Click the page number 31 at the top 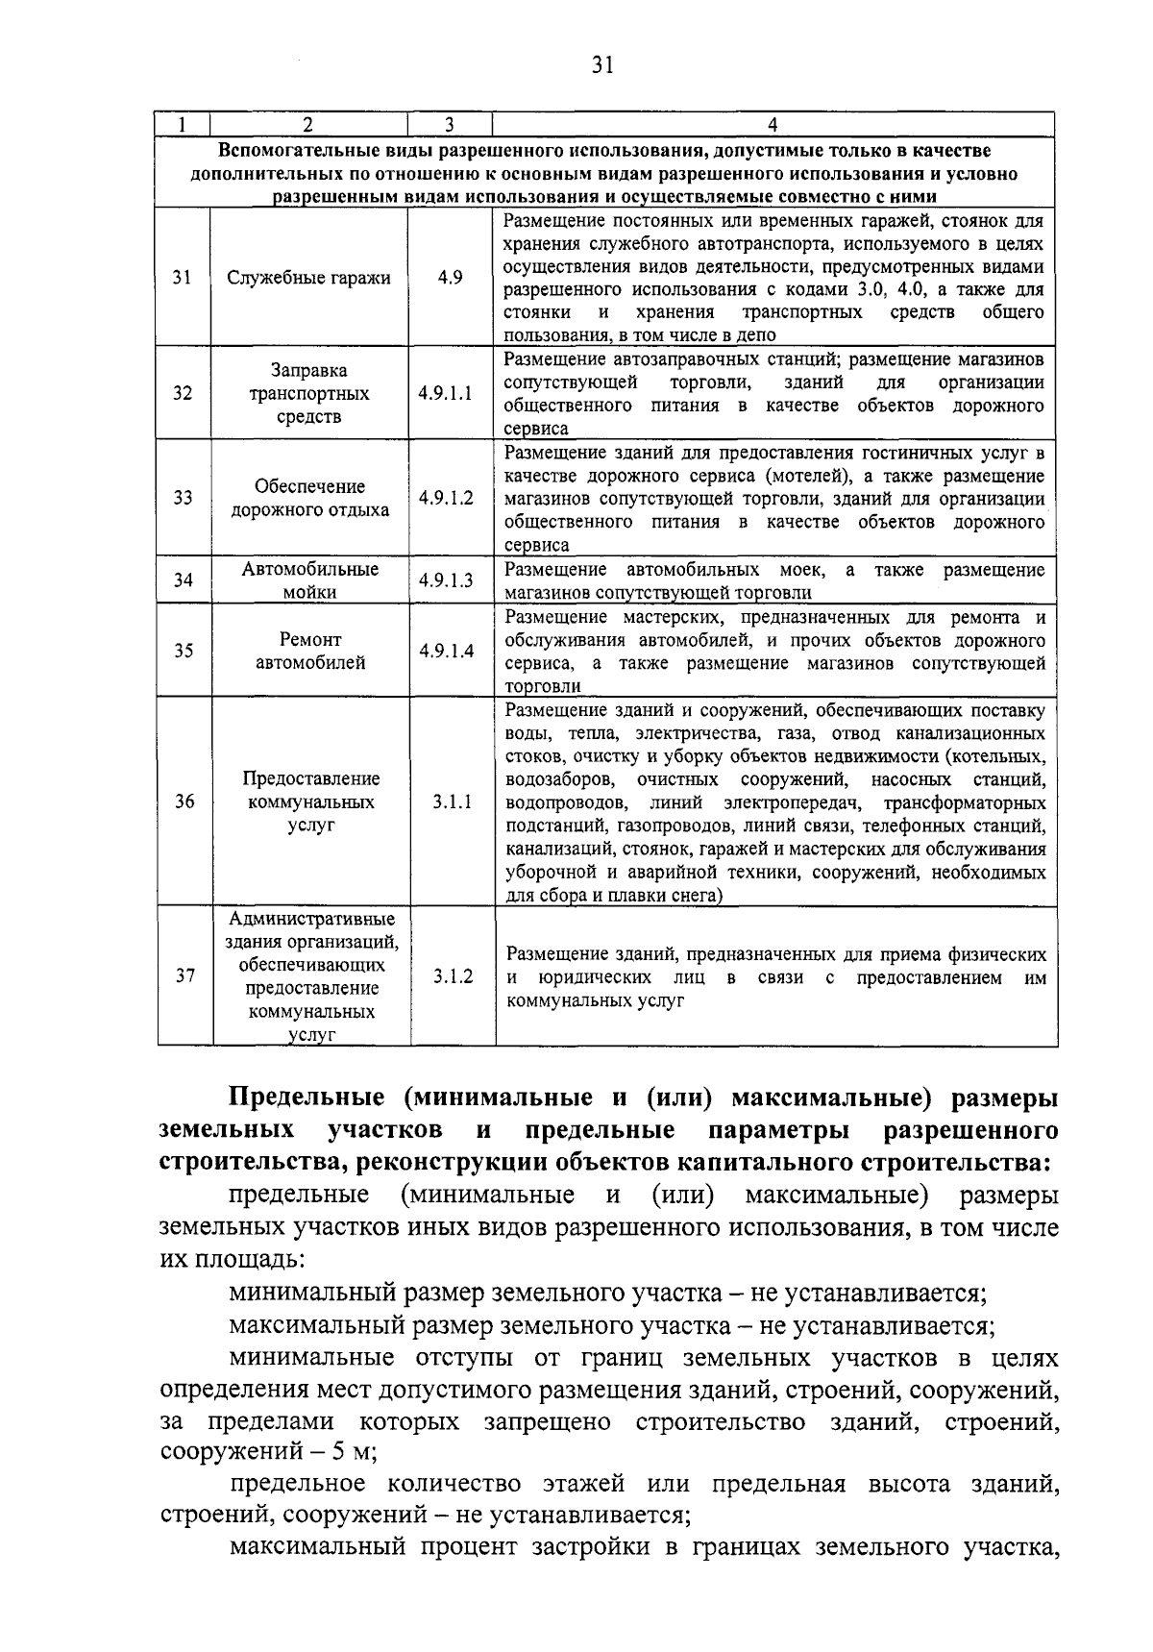[x=602, y=64]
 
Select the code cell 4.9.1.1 [x=446, y=394]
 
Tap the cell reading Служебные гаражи [x=308, y=278]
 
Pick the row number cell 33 [x=183, y=498]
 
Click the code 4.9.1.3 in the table [x=446, y=580]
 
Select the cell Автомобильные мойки [x=308, y=580]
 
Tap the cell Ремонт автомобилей [x=308, y=651]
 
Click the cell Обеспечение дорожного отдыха [x=308, y=498]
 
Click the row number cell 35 [x=184, y=651]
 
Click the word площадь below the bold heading [x=251, y=1258]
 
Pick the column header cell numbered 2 [x=307, y=125]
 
